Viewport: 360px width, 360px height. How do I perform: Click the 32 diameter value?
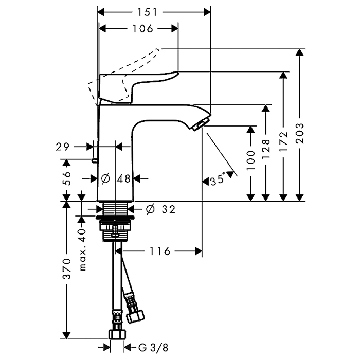tap(168, 209)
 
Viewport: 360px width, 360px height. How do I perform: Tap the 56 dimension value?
tap(66, 178)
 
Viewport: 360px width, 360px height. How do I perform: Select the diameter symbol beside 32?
tap(150, 209)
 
